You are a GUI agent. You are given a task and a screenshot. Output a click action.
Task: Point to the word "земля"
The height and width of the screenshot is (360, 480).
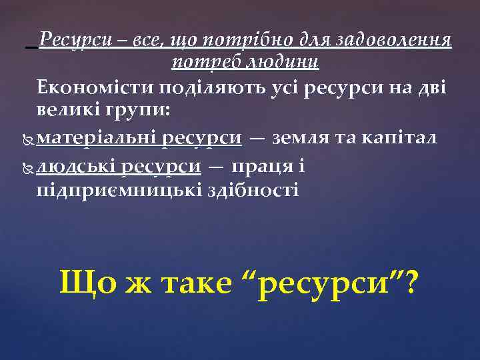click(x=300, y=137)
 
